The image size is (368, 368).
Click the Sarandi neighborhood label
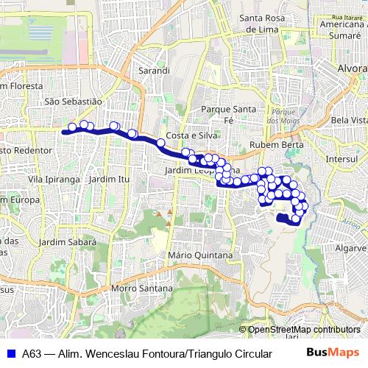(x=154, y=71)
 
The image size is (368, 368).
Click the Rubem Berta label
(x=272, y=144)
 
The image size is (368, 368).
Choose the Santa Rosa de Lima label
(x=261, y=24)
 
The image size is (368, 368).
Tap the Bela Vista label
(x=349, y=119)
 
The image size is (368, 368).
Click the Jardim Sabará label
(x=68, y=241)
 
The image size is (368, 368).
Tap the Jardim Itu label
(x=112, y=179)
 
